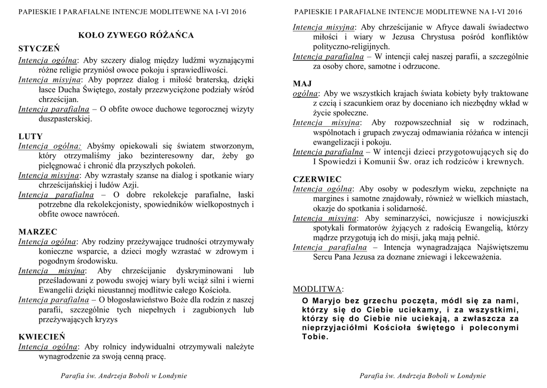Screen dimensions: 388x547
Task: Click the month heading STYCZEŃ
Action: click(x=39, y=50)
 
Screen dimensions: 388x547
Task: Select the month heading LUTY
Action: click(x=30, y=136)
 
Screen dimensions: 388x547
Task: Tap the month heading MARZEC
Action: click(x=37, y=232)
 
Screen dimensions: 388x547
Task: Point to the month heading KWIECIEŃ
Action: click(x=42, y=337)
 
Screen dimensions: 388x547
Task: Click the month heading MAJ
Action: click(x=302, y=83)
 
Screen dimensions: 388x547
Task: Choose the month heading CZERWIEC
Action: click(x=317, y=179)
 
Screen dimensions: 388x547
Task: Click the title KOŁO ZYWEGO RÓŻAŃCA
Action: click(x=136, y=35)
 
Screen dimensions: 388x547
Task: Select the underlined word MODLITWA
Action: click(x=318, y=290)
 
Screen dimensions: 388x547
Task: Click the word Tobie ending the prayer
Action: click(x=315, y=337)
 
